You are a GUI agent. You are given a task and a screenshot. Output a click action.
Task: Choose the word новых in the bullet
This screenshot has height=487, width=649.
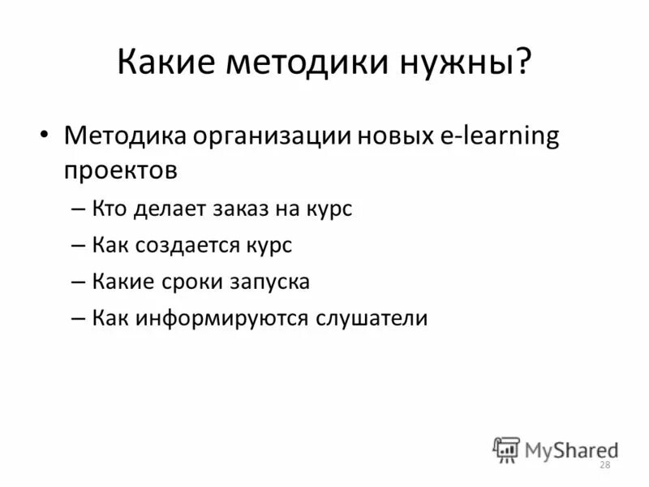click(388, 136)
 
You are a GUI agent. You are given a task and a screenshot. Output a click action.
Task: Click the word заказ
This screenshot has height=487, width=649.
click(250, 209)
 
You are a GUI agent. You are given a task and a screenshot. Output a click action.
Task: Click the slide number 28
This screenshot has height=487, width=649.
click(604, 464)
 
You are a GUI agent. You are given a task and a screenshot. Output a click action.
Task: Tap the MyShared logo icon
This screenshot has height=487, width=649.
click(506, 449)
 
